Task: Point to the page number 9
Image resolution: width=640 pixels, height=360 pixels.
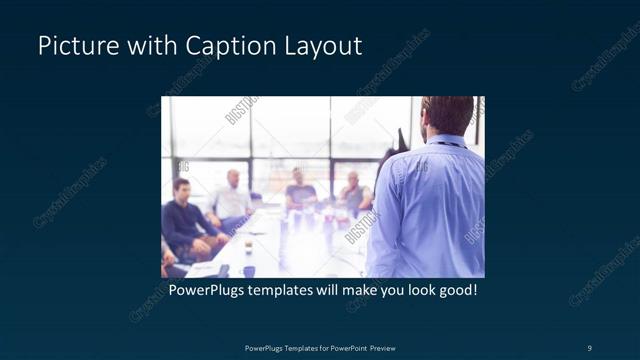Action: click(589, 347)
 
